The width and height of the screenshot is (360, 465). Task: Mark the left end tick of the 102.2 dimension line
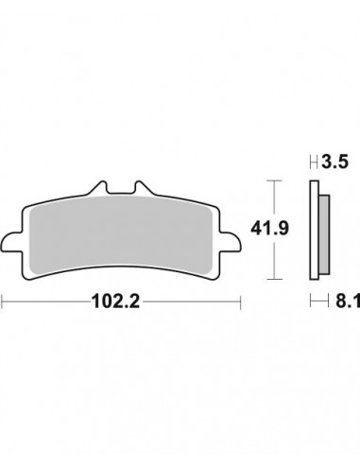pos(4,302)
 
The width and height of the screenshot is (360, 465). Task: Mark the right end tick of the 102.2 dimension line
pos(240,302)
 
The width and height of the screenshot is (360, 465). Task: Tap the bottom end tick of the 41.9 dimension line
pos(273,280)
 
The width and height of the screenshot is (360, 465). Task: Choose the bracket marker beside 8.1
pos(316,302)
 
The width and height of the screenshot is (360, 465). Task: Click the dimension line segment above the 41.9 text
pos(273,198)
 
